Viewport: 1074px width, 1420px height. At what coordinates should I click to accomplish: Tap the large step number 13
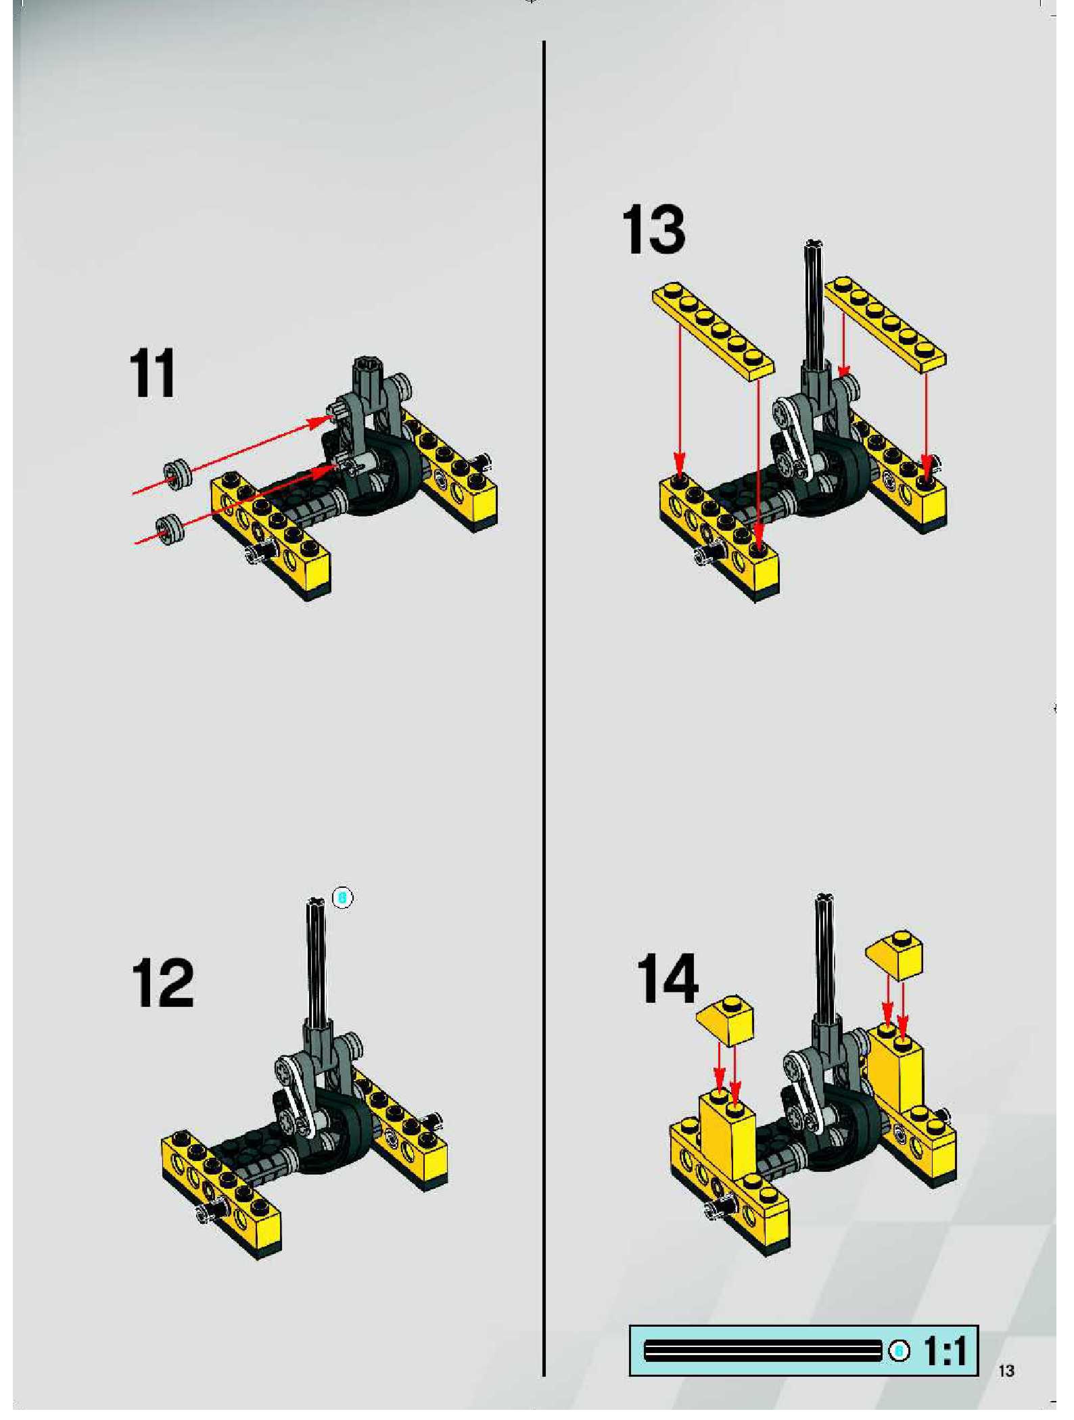[x=654, y=230]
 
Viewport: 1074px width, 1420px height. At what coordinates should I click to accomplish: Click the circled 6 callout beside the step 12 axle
[x=343, y=897]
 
